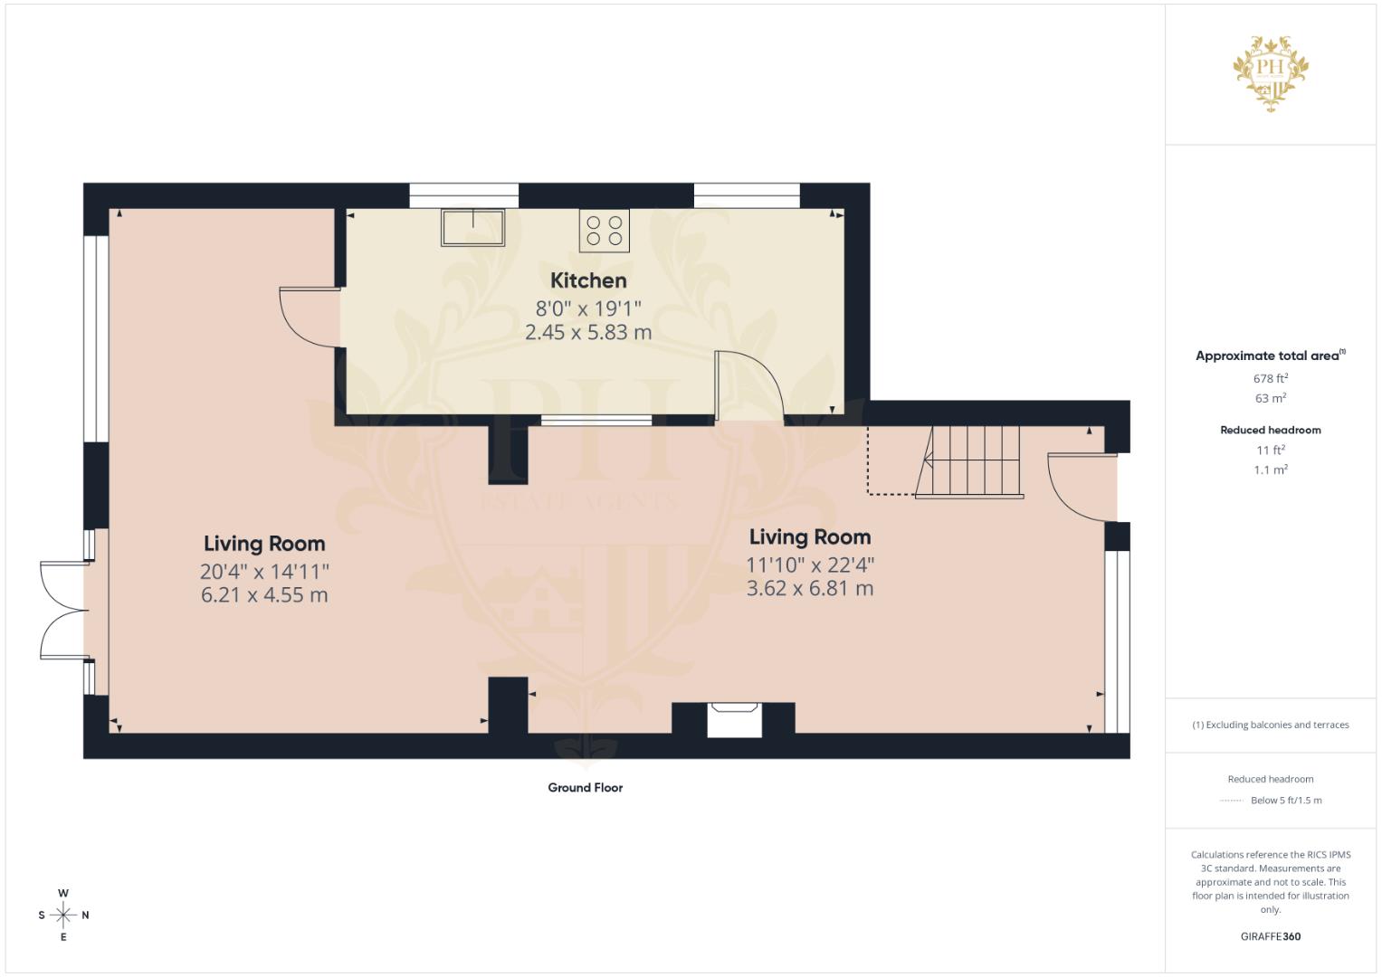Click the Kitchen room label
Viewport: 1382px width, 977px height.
(588, 280)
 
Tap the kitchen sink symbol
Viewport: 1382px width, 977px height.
(472, 228)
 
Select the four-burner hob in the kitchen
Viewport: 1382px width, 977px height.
(604, 230)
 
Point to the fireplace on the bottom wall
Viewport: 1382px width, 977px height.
(734, 719)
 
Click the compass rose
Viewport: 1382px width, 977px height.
(63, 915)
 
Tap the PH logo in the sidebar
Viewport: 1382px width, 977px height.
(1271, 72)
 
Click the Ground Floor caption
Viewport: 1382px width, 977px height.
(585, 788)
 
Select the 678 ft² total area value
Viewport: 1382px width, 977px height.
(1271, 378)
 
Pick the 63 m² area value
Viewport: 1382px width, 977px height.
(1271, 398)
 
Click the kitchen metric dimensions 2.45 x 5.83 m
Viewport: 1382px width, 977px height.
(588, 333)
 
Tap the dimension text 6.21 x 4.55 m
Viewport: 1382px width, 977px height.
(264, 595)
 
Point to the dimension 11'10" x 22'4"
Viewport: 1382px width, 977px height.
(810, 564)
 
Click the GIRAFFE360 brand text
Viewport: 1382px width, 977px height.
(1271, 936)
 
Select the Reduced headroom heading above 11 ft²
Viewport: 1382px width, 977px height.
(1271, 430)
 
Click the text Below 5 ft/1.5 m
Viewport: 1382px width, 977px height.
(1286, 800)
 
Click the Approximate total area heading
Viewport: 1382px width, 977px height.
(1267, 356)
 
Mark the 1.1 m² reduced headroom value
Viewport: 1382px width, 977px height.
(1271, 470)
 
